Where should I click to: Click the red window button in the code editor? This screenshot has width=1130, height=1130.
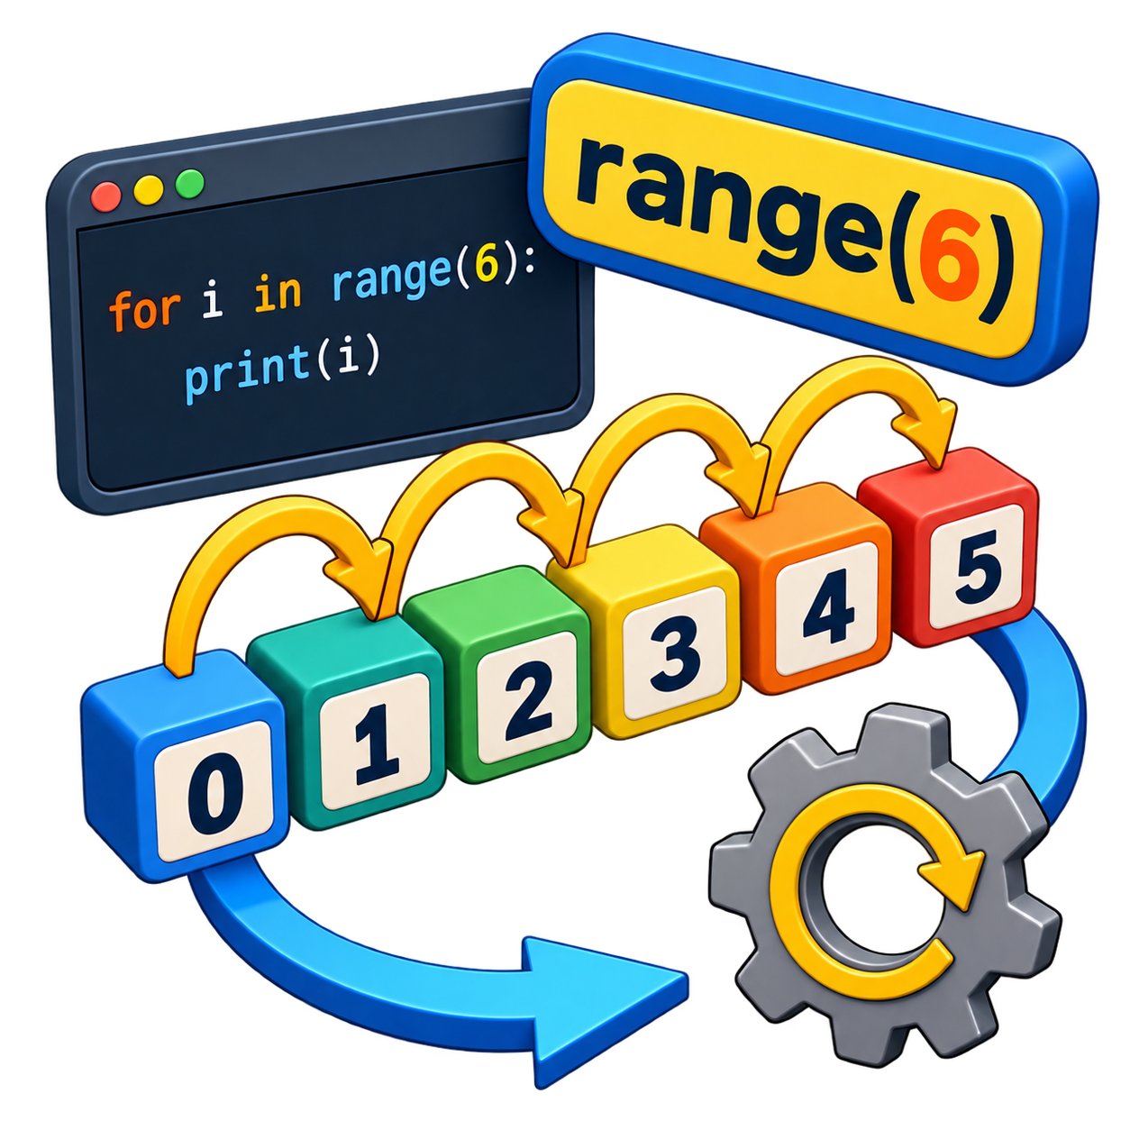[x=106, y=196]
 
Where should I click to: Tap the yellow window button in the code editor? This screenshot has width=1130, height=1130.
[x=149, y=190]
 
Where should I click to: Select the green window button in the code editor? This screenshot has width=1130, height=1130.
[x=190, y=184]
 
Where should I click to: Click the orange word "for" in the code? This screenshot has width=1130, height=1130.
[x=144, y=309]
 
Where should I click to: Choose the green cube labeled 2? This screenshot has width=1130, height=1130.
[x=499, y=674]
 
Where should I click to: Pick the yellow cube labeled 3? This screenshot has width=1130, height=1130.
[x=645, y=633]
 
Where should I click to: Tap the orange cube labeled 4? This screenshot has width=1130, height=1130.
[x=797, y=588]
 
